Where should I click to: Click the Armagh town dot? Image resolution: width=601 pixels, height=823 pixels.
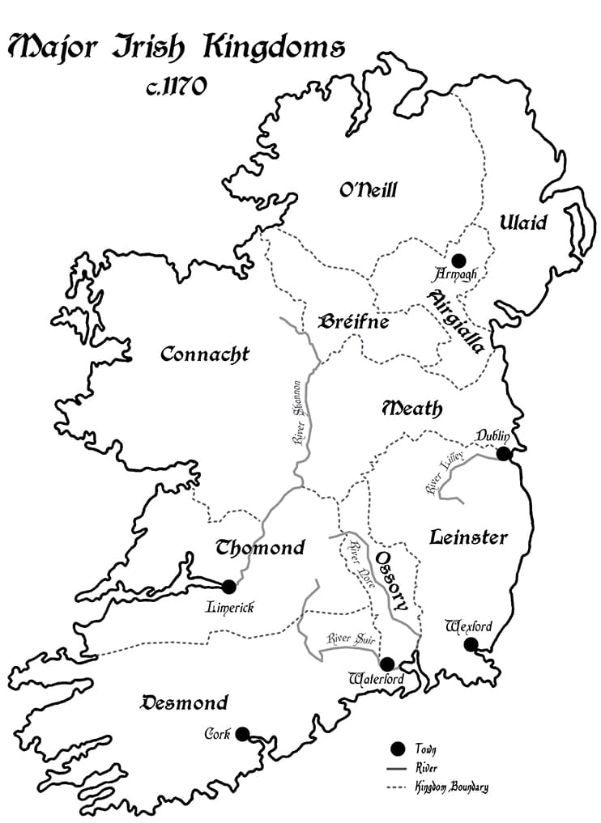[458, 261]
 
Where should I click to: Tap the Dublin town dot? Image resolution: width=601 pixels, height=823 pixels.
[504, 453]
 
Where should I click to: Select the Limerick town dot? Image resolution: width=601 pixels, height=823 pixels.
[228, 586]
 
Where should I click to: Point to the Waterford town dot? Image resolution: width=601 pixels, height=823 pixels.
[387, 664]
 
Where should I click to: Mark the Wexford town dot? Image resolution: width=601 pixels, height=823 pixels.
[471, 644]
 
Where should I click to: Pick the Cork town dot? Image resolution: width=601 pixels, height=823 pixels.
[242, 734]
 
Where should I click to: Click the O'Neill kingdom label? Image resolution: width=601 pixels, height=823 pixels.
[369, 191]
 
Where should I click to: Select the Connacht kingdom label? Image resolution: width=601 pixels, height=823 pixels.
[205, 354]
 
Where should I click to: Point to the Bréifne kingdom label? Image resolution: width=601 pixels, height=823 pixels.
[354, 322]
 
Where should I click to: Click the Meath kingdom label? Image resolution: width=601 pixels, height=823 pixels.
[412, 409]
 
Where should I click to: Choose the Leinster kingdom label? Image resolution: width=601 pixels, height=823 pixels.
[468, 537]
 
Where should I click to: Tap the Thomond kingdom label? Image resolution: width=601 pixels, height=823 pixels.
[260, 548]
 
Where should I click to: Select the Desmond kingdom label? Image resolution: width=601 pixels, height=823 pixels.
[185, 702]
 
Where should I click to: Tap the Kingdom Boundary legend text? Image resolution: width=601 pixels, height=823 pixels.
[451, 786]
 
